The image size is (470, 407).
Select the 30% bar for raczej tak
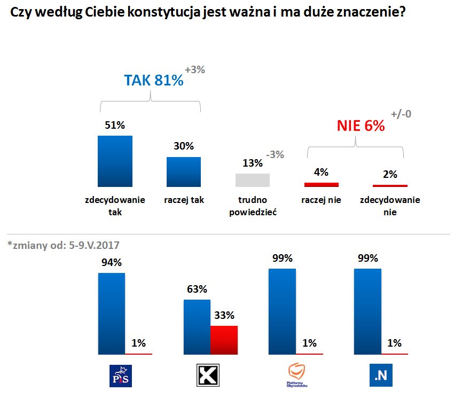pyautogui.click(x=183, y=171)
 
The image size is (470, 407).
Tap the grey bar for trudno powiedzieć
pyautogui.click(x=253, y=180)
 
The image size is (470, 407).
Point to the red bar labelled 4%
pyautogui.click(x=322, y=184)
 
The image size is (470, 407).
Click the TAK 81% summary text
pyautogui.click(x=154, y=80)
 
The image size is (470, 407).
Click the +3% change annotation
pyautogui.click(x=195, y=69)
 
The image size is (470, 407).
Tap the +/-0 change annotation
pyautogui.click(x=401, y=114)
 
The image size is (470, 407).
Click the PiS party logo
pyautogui.click(x=120, y=375)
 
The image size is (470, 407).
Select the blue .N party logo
pyautogui.click(x=381, y=375)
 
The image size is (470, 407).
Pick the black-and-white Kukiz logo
pyautogui.click(x=205, y=375)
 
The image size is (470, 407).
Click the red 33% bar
pyautogui.click(x=224, y=340)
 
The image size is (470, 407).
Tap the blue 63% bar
pyautogui.click(x=197, y=327)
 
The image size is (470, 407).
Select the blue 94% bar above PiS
pyautogui.click(x=112, y=314)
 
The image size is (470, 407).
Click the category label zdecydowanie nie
pyautogui.click(x=390, y=206)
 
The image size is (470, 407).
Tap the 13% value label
pyautogui.click(x=252, y=163)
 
